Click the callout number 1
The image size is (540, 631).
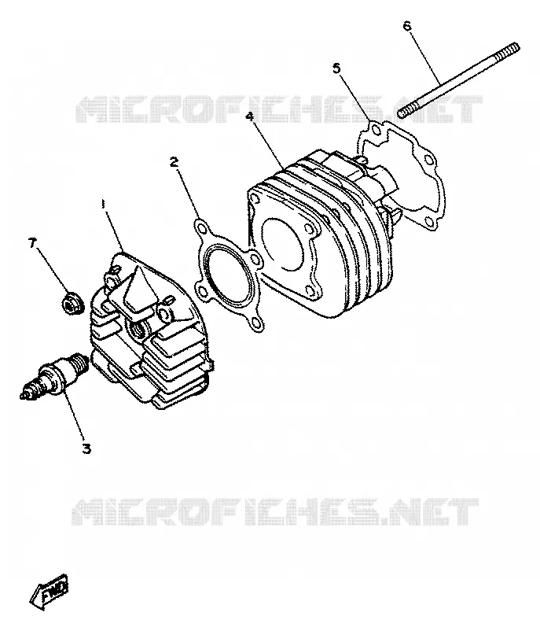coord(104,204)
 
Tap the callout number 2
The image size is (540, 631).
coord(174,162)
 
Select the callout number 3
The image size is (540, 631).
coord(86,448)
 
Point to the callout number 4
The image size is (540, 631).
coord(250,116)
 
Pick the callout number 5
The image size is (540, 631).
coord(336,68)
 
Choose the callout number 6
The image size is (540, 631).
coord(407,26)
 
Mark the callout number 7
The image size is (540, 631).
coord(31,242)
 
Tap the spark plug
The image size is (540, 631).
coord(54,375)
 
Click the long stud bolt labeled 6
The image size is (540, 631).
coord(458,80)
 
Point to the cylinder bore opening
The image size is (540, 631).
coord(281,244)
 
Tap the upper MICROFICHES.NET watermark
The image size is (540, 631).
coord(279,109)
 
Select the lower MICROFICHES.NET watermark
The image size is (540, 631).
coord(275,511)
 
